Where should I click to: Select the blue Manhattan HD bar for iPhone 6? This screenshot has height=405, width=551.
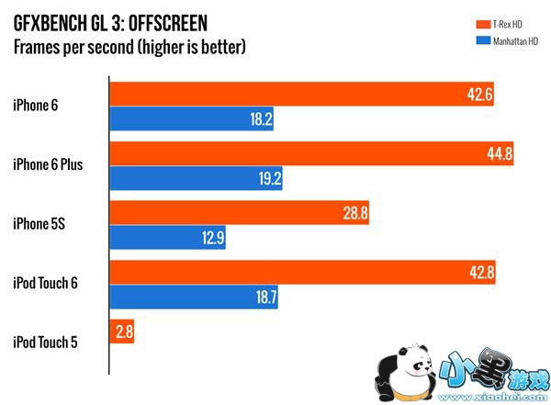click(193, 119)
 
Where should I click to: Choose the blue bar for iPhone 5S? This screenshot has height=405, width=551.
click(168, 239)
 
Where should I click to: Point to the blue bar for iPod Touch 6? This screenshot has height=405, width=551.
click(194, 298)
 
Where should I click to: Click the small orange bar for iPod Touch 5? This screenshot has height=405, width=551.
click(123, 332)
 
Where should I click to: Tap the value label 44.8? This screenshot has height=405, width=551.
click(500, 152)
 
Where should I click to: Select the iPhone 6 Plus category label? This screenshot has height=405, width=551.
click(49, 165)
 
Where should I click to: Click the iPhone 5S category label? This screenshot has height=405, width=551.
click(38, 224)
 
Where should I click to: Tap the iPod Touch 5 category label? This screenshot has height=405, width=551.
click(46, 343)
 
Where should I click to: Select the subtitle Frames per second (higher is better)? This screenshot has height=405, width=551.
click(130, 45)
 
